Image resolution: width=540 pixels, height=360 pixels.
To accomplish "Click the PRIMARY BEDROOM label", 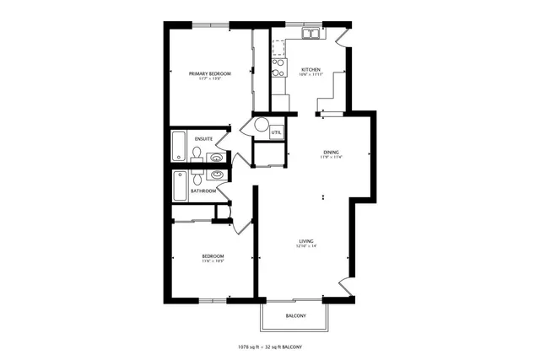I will (x=209, y=74).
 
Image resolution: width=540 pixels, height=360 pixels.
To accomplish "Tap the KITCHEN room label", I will (x=310, y=69).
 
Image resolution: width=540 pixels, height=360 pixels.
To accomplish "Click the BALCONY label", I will (x=294, y=316).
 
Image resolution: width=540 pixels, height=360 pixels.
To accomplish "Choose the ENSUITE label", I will (x=203, y=138).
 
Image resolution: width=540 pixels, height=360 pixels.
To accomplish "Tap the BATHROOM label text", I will (x=202, y=191).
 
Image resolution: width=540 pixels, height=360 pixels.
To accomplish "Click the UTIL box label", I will (x=276, y=132).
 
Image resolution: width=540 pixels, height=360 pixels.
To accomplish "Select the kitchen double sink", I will (x=311, y=35).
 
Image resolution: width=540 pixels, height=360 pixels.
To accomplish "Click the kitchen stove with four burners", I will (x=278, y=68).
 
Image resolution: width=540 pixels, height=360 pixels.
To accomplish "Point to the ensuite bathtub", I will (x=179, y=147).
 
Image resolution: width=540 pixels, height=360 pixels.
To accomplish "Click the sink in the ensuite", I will (x=217, y=157).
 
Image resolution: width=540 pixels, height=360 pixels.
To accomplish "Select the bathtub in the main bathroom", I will (x=179, y=185).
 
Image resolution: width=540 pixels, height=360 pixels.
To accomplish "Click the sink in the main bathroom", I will (x=217, y=175).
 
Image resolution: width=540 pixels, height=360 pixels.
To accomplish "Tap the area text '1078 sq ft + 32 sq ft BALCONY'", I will (x=269, y=347).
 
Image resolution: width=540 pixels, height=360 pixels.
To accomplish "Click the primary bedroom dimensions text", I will (x=209, y=79).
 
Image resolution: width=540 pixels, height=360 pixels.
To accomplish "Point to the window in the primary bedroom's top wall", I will (x=210, y=24).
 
